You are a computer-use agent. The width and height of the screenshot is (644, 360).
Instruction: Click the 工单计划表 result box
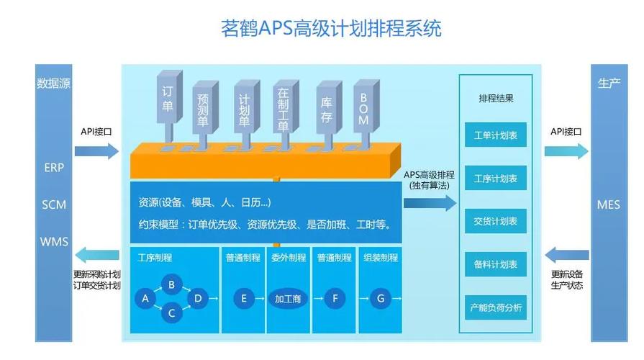(496, 135)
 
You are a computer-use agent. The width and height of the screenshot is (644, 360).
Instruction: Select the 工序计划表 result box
(496, 178)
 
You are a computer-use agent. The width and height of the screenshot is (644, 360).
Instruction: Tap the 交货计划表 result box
(496, 221)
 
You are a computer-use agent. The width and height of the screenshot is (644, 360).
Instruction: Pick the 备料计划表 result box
(496, 264)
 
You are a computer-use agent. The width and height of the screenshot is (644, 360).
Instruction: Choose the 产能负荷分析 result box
(496, 308)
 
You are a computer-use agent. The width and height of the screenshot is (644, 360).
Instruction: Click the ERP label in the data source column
(54, 168)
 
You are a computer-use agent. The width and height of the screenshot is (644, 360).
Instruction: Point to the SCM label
(54, 204)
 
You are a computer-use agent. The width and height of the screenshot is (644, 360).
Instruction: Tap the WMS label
(54, 240)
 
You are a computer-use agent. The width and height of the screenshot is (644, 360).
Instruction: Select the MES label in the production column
(608, 204)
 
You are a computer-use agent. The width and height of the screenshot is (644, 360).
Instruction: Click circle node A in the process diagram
(146, 297)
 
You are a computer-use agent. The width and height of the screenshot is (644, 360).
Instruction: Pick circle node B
(171, 284)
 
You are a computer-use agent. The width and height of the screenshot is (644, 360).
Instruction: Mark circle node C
(171, 312)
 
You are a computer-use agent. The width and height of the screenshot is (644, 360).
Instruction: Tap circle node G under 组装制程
(381, 297)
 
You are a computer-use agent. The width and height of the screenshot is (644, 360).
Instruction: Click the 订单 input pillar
(168, 104)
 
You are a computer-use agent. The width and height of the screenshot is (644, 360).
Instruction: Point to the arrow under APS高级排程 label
(430, 204)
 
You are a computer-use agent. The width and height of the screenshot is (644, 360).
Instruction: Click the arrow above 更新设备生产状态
(567, 254)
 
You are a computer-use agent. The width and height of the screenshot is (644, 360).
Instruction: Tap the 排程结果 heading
(496, 99)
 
